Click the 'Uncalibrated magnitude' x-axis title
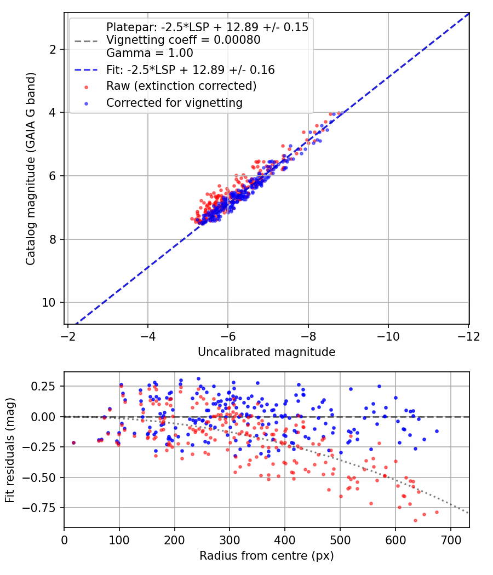[267, 352]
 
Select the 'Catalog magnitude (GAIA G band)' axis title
[31, 169]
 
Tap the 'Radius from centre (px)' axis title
[267, 556]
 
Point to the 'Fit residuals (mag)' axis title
[10, 450]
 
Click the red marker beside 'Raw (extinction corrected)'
[86, 87]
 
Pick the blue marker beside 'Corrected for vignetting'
[86, 104]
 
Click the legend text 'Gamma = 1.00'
[150, 53]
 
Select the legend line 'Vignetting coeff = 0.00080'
[184, 40]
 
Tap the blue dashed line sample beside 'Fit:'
[86, 70]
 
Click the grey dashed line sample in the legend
[86, 41]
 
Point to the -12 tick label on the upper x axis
[468, 336]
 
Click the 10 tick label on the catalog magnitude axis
[49, 302]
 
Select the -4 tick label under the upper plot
[147, 336]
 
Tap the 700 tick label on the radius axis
[451, 540]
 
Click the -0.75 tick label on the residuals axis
[39, 508]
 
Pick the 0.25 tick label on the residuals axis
[43, 386]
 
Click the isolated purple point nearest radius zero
[74, 442]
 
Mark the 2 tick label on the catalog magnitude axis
[53, 49]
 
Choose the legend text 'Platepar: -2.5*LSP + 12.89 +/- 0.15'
[207, 27]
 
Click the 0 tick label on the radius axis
[64, 540]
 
